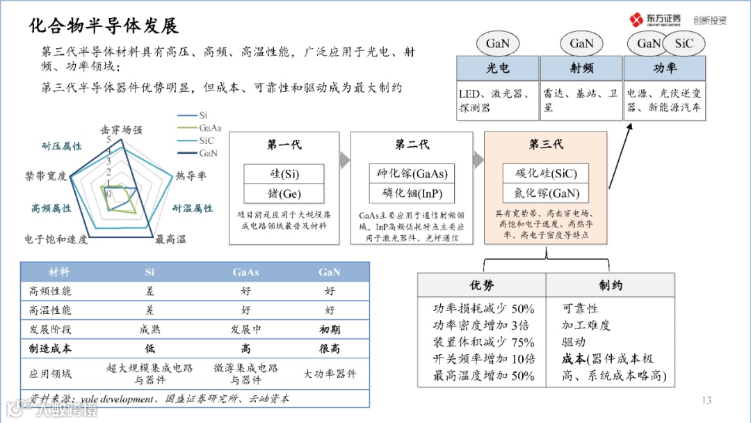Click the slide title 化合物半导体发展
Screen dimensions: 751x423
coord(104,26)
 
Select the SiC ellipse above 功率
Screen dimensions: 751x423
coord(684,43)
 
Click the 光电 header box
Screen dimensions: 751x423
coord(497,68)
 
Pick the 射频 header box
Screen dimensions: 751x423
coord(581,68)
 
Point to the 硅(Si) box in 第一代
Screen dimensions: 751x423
coord(284,173)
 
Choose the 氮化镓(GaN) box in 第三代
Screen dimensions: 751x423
coord(547,193)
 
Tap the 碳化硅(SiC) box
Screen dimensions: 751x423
coord(547,173)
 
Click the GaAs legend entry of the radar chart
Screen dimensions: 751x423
coord(209,128)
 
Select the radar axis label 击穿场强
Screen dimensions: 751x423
coord(121,129)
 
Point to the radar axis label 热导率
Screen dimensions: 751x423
coord(191,175)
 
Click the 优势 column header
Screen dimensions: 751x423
coord(482,285)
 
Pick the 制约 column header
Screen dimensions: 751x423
coord(610,285)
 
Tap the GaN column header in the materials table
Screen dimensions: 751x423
coord(329,272)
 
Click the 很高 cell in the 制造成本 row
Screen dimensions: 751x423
coord(329,349)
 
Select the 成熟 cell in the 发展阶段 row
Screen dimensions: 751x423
coord(150,329)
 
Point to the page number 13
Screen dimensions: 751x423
coord(706,399)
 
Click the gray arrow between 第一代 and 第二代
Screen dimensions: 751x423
coord(344,161)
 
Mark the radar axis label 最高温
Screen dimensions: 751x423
coord(170,239)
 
